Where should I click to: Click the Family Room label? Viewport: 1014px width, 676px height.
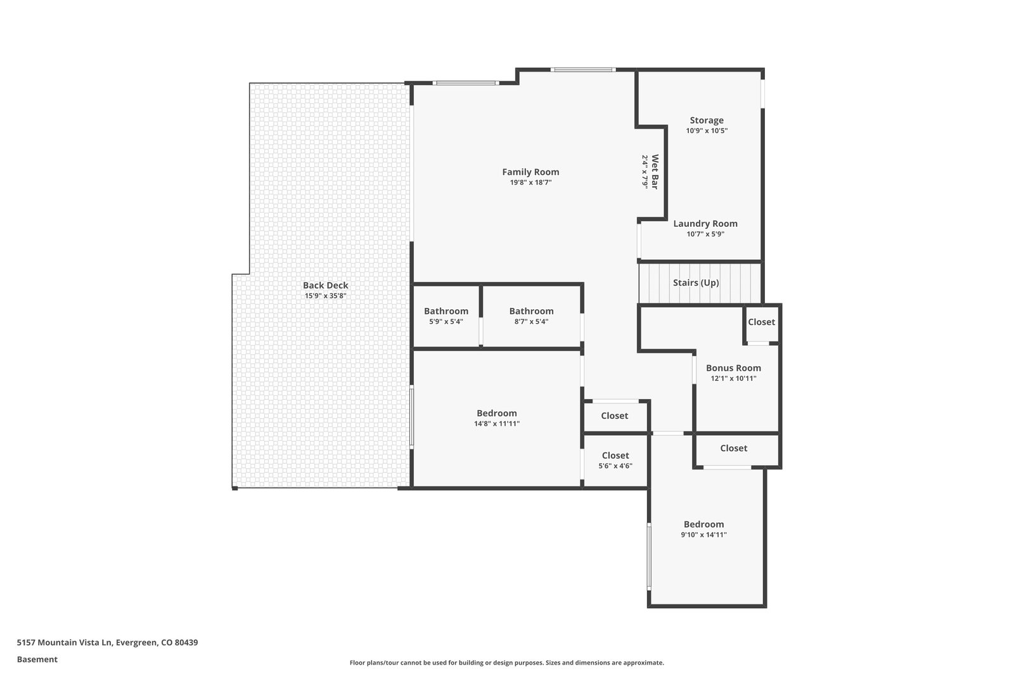530,172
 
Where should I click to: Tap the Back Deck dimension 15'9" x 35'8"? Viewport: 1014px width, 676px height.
326,296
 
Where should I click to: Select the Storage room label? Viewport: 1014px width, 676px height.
707,120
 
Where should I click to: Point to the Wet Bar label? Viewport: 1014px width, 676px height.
655,172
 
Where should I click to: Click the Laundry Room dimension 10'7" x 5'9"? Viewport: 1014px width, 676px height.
705,234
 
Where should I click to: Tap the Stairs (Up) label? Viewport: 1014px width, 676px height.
696,283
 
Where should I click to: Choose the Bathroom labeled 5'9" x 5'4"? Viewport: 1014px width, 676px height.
446,311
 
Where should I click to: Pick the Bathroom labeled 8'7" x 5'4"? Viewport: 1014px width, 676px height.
532,311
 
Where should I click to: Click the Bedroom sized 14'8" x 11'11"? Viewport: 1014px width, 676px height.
497,413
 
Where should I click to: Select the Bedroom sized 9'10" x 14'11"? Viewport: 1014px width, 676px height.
704,524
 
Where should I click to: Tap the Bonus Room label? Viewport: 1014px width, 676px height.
733,368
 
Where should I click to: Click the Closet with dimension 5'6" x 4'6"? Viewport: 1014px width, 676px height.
615,456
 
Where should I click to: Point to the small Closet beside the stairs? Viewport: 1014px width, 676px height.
761,322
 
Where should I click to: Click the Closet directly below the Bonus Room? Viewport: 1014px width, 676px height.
734,448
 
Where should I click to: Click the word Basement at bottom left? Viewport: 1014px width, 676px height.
37,660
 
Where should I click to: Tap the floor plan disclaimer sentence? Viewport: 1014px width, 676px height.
506,663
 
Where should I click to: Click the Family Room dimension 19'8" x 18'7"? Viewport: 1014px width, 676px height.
530,182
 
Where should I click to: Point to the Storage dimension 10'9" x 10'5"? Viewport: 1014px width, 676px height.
707,131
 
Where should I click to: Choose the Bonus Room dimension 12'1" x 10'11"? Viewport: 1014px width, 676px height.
733,378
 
